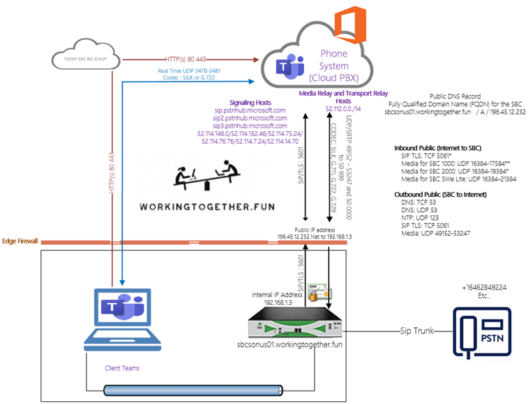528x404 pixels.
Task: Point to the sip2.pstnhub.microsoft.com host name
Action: pyautogui.click(x=249, y=119)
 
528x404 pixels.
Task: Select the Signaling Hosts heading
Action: pyautogui.click(x=249, y=102)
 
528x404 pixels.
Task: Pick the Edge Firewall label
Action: pyautogui.click(x=20, y=241)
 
